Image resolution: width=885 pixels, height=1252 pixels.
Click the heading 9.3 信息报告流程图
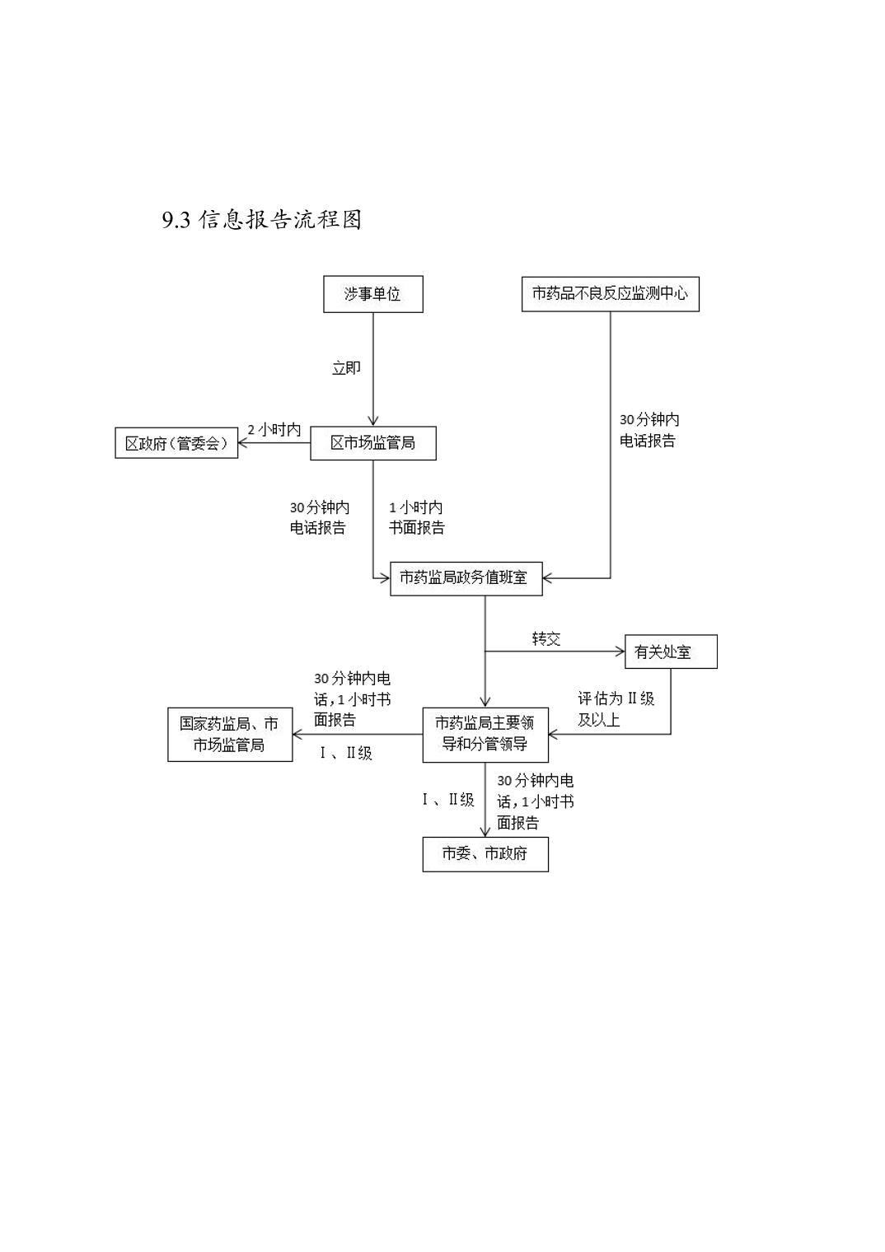262,220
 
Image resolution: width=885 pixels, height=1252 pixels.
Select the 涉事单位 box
372,294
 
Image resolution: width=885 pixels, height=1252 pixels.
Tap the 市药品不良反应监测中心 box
610,293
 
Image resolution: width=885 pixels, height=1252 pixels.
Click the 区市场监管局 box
372,443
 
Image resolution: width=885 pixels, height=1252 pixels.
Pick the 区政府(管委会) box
176,443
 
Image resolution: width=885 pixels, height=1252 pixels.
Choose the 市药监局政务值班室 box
466,578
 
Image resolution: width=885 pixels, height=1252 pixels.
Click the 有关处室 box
670,652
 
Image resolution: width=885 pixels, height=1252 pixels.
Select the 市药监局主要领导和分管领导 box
485,734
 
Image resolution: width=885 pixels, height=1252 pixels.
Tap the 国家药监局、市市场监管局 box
230,734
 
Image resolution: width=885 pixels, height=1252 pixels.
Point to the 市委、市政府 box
485,853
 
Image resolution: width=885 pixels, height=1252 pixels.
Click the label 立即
346,368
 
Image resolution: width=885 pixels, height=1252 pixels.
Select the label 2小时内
274,430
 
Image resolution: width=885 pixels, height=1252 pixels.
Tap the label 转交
546,639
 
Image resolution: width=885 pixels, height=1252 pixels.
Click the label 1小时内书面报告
416,517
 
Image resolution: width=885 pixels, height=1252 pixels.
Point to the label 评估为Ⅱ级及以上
616,709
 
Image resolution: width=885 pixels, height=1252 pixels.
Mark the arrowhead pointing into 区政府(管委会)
244,443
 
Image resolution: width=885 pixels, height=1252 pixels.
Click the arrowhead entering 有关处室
620,652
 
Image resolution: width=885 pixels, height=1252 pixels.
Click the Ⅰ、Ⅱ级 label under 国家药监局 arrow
346,753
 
